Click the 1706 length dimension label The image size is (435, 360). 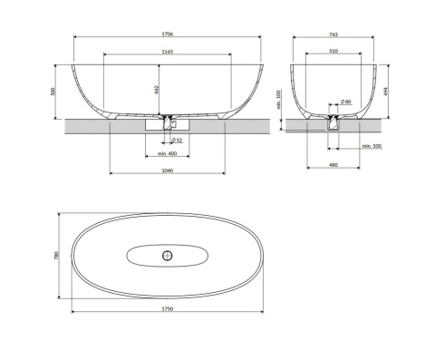168,34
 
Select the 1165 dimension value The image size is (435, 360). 168,52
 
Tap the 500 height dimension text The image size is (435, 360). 53,92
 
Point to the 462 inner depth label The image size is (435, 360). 157,90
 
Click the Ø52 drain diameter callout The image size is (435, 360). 177,141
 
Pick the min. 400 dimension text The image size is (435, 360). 167,153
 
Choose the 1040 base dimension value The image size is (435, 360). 168,170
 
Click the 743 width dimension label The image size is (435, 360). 333,34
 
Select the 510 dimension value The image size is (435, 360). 333,51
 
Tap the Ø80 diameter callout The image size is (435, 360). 346,102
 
